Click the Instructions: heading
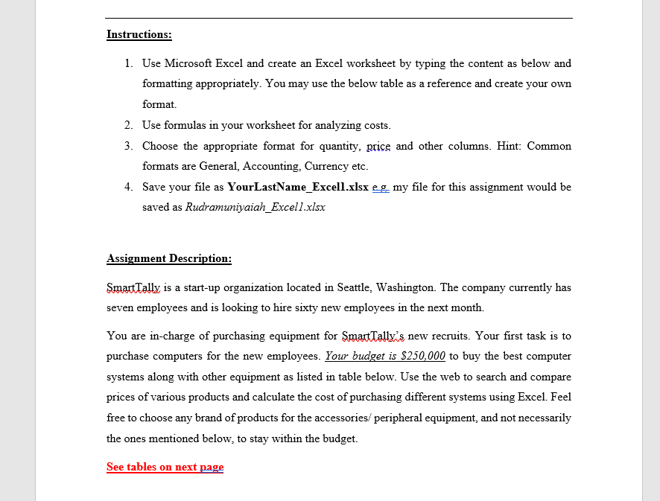139,34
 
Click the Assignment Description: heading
169,258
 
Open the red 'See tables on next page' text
165,467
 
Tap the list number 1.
128,63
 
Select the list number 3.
128,146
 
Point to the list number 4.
128,187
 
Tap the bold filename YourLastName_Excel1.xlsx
297,187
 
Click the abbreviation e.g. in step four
380,187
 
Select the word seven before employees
121,307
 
